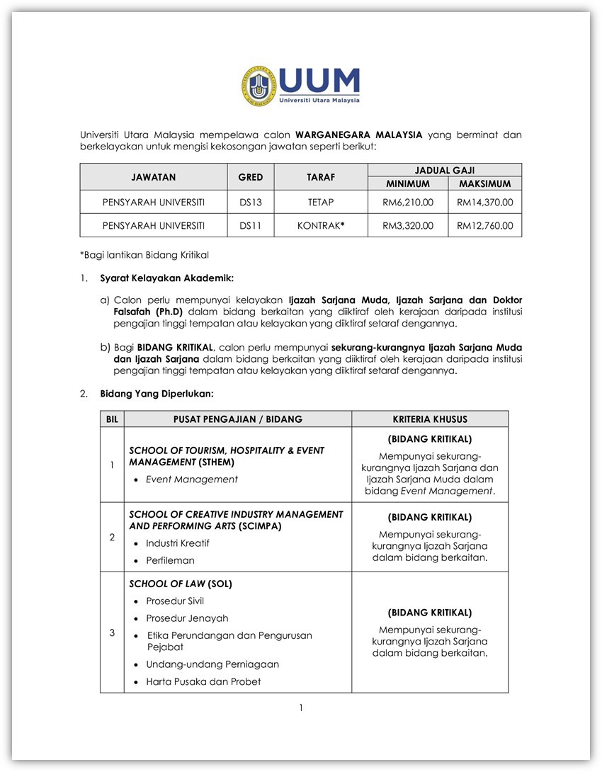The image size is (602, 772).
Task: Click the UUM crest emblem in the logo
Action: pos(259,86)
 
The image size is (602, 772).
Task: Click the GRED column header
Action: pos(251,177)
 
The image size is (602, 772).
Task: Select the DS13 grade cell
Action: pos(251,203)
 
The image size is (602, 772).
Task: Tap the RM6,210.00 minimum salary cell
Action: pos(408,203)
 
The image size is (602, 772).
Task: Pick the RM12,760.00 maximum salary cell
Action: pos(485,226)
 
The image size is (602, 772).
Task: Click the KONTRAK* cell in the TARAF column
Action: pos(321,226)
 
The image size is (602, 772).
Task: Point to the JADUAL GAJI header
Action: pos(445,170)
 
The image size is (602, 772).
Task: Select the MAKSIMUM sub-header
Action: pos(485,183)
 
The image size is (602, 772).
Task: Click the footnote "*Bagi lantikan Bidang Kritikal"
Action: pos(144,254)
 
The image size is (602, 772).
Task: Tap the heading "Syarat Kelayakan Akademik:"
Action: pos(166,278)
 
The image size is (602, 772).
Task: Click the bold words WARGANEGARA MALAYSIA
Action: pos(358,134)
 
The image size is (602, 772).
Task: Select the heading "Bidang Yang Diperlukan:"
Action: pos(157,393)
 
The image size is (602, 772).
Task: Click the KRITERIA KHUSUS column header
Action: pos(430,419)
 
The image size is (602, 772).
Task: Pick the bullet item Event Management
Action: pos(192,479)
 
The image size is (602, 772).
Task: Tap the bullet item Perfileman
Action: pos(170,560)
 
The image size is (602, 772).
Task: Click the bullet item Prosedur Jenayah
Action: pos(187,618)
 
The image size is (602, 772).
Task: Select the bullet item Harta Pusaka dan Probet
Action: pos(203,681)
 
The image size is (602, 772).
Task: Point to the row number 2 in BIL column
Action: pos(112,537)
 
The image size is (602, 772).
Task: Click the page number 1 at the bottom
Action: pos(301,708)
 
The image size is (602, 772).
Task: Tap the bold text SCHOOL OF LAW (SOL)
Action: pos(181,584)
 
